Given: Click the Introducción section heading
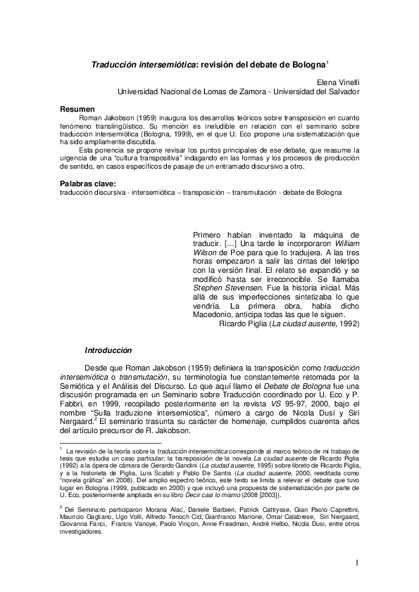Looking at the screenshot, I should [x=108, y=349].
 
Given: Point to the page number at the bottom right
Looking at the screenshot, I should [x=358, y=562].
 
